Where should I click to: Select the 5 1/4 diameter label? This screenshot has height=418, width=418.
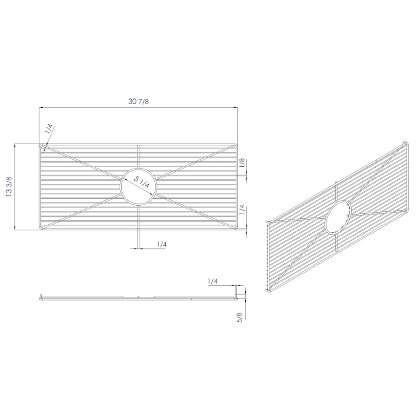click(x=142, y=182)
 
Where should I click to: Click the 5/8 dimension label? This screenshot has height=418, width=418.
click(x=240, y=318)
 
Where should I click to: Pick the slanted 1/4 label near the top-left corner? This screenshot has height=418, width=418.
click(x=49, y=129)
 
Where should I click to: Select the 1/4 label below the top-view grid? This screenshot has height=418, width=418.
click(x=162, y=244)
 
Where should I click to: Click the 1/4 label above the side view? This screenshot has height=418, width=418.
click(x=213, y=281)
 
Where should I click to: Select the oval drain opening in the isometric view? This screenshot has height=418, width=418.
click(x=338, y=217)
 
